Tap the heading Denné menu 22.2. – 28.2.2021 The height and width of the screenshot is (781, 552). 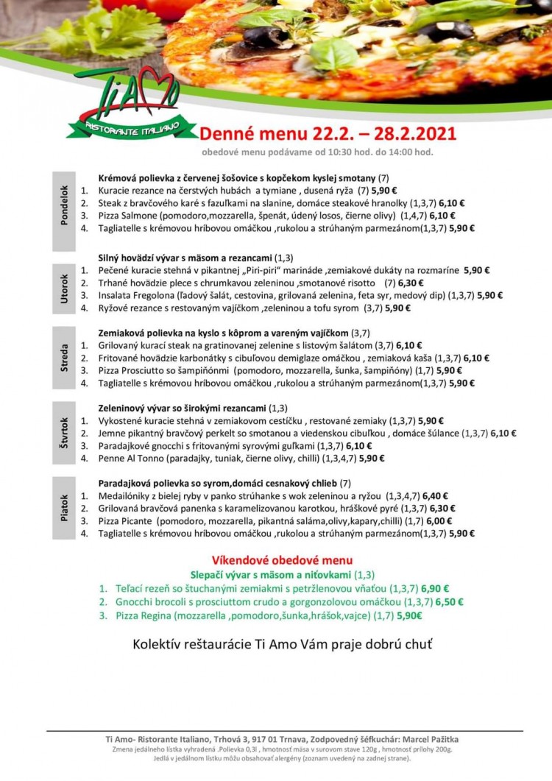[x=328, y=133]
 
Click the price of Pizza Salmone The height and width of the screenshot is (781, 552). [x=442, y=216]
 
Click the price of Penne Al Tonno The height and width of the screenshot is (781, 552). [x=372, y=458]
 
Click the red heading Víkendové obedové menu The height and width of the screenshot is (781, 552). [x=282, y=560]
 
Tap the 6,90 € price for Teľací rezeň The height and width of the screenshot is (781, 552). [x=435, y=588]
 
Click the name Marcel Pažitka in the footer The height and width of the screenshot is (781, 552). [x=438, y=739]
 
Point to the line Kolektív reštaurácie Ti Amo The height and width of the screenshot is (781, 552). [x=282, y=644]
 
